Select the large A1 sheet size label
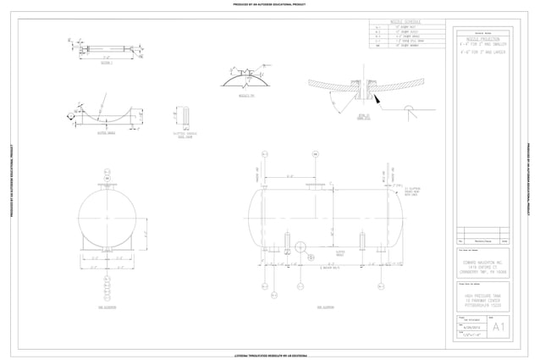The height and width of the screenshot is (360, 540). coord(499,326)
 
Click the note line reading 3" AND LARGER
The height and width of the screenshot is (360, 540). coord(485,51)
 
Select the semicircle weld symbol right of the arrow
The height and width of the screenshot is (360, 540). coord(408,108)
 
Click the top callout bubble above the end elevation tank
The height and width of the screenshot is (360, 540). coord(107,172)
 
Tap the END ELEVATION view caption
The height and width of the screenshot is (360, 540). coord(107,307)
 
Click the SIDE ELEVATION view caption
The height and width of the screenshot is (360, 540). coord(325,307)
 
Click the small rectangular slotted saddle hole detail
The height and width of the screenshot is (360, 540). coord(184,114)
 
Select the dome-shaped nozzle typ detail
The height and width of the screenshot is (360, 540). coord(243,79)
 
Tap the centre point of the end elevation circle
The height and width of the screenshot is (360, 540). coord(107,218)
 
